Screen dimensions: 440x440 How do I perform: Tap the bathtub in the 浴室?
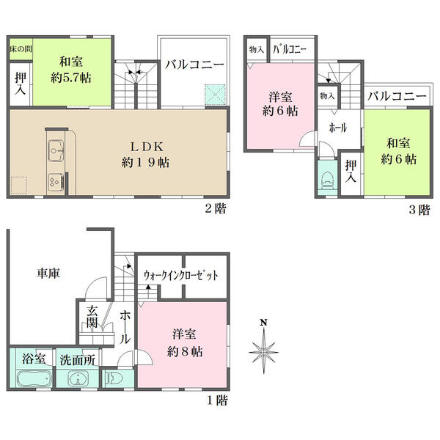click(34, 378)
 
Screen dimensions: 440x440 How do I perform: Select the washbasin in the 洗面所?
click(78, 379)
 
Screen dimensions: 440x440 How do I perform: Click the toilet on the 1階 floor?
click(114, 378)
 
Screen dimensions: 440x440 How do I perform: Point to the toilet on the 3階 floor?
click(327, 180)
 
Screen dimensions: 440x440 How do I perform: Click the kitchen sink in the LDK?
click(56, 150)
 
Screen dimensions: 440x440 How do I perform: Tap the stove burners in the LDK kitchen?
click(55, 182)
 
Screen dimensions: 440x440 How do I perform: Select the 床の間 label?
click(21, 49)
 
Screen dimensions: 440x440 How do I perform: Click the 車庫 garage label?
click(48, 273)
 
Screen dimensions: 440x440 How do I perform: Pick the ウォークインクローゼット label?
click(181, 275)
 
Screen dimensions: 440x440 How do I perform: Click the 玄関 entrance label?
click(92, 317)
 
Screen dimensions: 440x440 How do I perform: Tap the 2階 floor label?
click(216, 208)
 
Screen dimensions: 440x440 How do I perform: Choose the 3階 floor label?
click(419, 210)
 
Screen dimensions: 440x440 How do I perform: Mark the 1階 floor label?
click(218, 400)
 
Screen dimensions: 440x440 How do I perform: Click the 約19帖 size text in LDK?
click(146, 163)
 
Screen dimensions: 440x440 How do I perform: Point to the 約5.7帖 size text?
click(71, 78)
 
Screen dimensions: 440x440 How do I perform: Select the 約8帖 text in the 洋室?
click(185, 351)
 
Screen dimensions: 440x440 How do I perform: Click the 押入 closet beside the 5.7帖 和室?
click(21, 84)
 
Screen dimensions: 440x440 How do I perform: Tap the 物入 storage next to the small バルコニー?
click(257, 50)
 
